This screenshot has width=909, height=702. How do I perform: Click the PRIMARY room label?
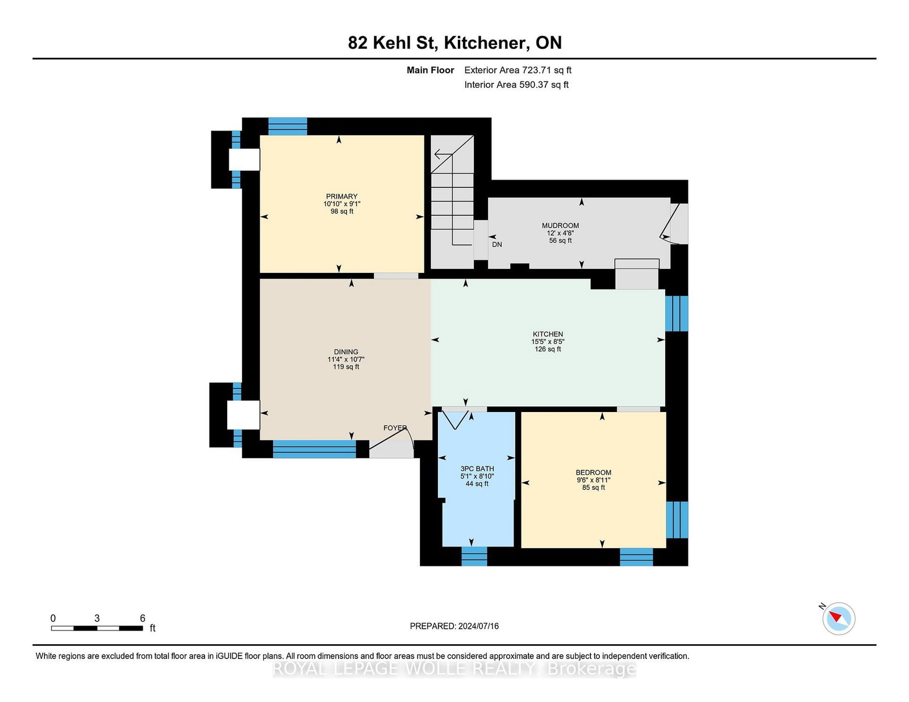click(x=342, y=196)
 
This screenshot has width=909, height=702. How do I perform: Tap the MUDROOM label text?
click(x=560, y=226)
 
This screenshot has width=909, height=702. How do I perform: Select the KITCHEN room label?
click(x=548, y=334)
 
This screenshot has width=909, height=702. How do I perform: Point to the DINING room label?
click(x=346, y=352)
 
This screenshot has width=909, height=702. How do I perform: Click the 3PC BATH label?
click(x=477, y=469)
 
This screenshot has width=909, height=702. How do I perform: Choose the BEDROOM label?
click(x=593, y=473)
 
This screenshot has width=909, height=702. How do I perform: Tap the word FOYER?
click(x=395, y=428)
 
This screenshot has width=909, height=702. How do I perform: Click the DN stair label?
click(x=497, y=245)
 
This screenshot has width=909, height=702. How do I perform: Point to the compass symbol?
click(x=839, y=619)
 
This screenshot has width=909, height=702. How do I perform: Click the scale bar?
click(x=97, y=628)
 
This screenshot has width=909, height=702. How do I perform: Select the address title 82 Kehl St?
click(x=393, y=43)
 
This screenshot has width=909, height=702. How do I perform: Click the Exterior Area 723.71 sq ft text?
click(x=518, y=70)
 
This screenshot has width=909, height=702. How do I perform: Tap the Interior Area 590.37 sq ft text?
click(x=516, y=85)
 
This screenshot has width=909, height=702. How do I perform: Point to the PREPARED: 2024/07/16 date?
click(x=454, y=626)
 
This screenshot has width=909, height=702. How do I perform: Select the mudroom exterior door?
click(x=673, y=224)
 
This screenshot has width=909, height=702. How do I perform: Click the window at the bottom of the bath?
click(x=474, y=556)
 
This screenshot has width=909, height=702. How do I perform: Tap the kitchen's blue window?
click(x=677, y=313)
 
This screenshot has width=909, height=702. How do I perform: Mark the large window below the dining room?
click(x=314, y=449)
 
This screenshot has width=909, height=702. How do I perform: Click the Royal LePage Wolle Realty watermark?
click(x=454, y=669)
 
